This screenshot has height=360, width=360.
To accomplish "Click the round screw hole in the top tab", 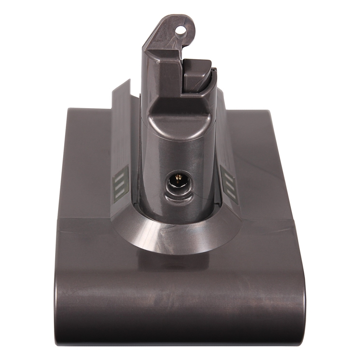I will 180,30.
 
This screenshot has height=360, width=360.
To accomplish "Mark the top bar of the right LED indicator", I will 228,176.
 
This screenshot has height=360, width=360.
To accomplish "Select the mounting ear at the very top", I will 174,29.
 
